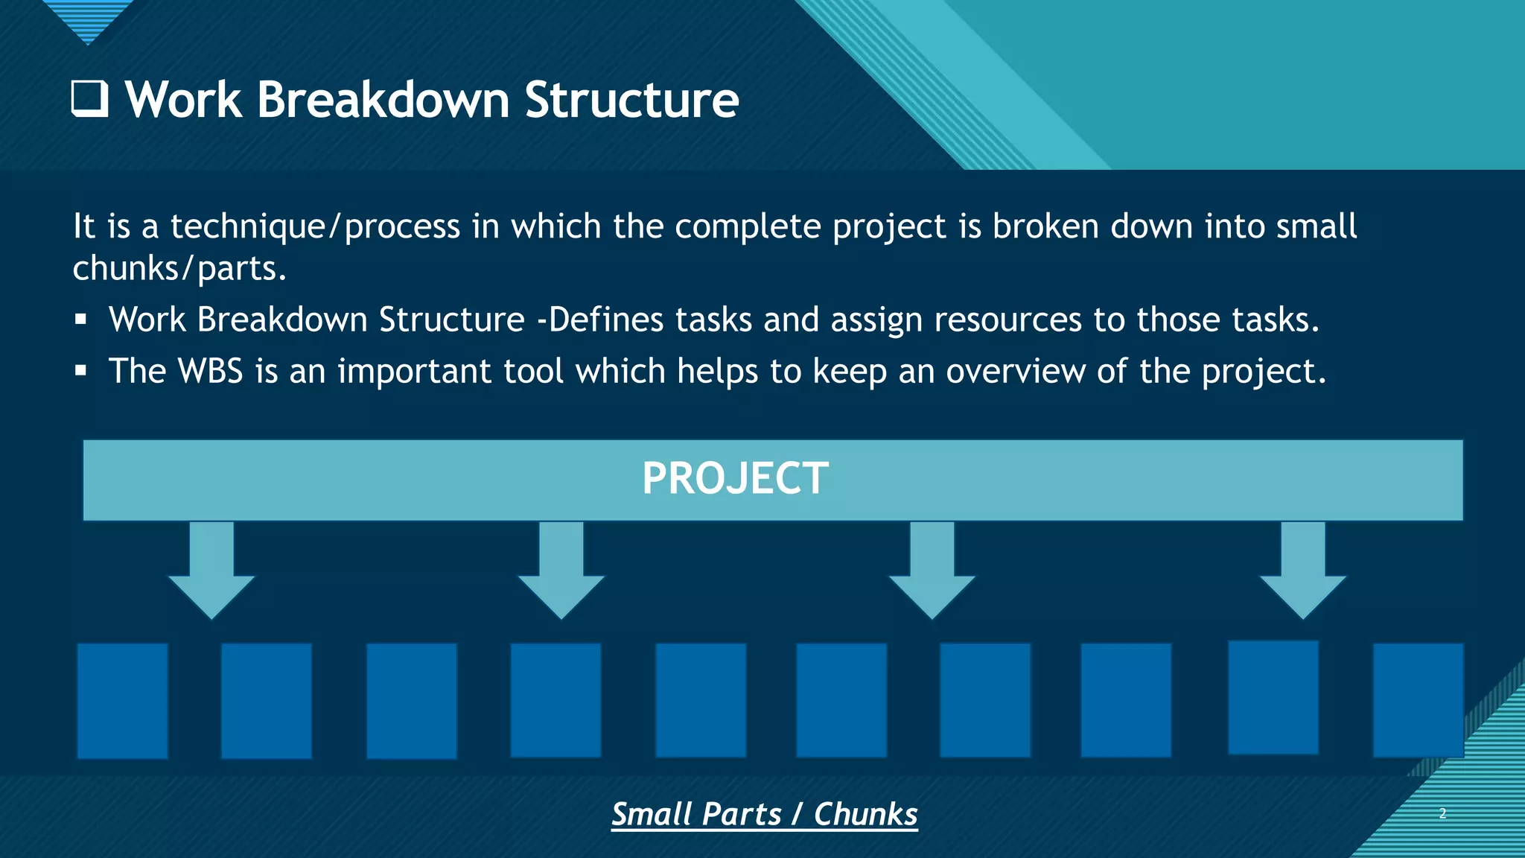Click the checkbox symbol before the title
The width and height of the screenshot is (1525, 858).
coord(89,100)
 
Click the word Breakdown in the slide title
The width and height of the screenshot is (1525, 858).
coord(383,100)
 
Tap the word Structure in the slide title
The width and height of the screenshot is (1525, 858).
coord(631,100)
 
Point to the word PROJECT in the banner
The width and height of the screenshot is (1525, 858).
coord(735,478)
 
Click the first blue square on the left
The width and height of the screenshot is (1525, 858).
coord(123,701)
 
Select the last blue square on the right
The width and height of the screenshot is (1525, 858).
coord(1418,700)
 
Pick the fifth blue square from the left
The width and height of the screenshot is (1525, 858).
coord(701,700)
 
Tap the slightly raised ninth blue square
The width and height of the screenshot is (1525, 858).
coord(1273,697)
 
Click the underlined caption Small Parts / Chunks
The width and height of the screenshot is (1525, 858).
coord(765,814)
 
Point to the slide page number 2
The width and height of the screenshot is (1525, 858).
coord(1442,813)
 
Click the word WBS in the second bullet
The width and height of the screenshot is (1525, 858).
coord(211,371)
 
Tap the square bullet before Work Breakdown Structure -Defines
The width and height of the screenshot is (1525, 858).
coord(81,320)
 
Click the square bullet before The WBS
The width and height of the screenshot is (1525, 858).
coord(81,371)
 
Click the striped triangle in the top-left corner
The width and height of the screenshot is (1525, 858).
coord(88,19)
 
